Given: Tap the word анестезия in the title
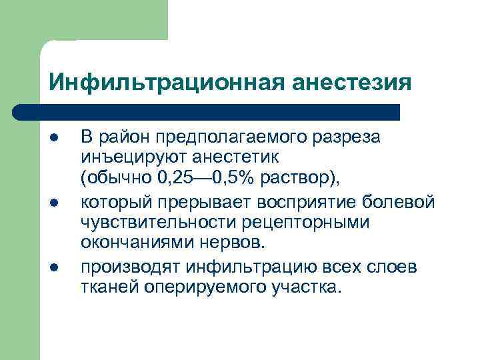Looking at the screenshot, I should tap(352, 83).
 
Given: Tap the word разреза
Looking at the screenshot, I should tap(347, 138).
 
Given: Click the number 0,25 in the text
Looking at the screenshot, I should tap(165, 181).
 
